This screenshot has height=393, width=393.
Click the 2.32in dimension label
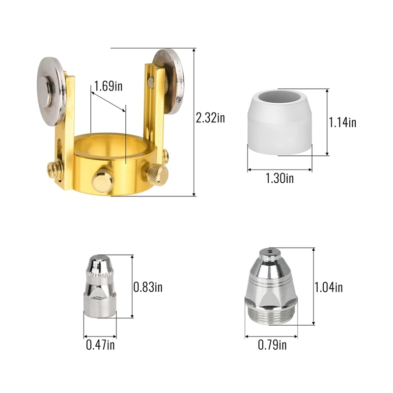pyautogui.click(x=210, y=118)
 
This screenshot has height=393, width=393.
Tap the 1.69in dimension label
pyautogui.click(x=109, y=87)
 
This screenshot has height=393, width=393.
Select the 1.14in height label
pyautogui.click(x=343, y=122)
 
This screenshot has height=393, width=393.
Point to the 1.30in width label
pyautogui.click(x=280, y=178)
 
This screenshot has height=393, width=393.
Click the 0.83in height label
pyautogui.click(x=148, y=286)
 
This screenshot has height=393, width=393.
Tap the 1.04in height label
pyautogui.click(x=329, y=287)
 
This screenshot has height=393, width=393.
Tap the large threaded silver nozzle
pyautogui.click(x=271, y=290)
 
